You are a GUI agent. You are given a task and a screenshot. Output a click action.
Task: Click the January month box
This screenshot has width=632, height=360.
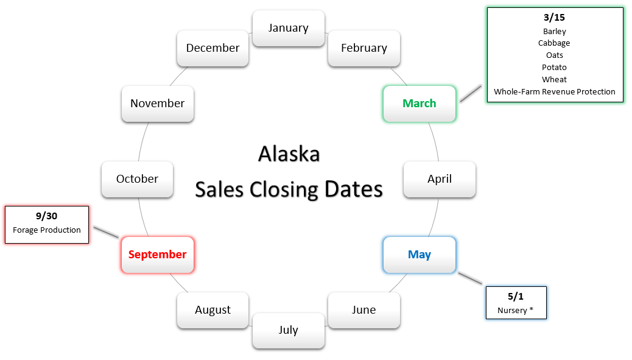click(289, 28)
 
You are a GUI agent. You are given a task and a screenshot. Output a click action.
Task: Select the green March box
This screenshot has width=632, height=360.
click(420, 104)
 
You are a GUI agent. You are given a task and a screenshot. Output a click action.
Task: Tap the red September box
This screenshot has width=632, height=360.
click(158, 255)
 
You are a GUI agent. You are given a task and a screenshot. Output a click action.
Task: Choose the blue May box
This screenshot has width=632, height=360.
click(420, 255)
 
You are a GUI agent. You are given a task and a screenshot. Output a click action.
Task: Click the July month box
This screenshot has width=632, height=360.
click(289, 330)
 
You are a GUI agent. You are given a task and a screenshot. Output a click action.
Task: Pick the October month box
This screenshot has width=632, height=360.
click(138, 179)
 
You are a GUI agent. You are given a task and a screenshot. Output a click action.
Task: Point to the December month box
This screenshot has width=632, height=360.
click(213, 48)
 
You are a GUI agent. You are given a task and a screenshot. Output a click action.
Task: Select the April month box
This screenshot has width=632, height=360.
click(440, 179)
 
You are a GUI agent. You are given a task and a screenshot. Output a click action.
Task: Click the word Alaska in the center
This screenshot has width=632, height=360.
click(289, 154)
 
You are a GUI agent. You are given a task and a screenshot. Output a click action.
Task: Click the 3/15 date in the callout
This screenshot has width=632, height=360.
click(554, 17)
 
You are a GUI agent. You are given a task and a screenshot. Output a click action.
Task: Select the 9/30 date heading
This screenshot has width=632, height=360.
click(46, 216)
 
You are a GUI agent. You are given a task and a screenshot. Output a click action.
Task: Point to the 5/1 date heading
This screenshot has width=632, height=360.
click(516, 297)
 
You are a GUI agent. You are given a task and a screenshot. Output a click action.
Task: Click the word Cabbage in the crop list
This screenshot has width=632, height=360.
click(554, 43)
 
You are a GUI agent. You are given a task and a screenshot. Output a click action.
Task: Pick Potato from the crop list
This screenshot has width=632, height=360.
click(554, 68)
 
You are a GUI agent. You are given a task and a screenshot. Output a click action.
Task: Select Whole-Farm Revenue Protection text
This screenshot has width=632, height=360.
click(555, 92)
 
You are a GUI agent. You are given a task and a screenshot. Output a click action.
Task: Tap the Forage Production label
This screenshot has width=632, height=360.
click(47, 230)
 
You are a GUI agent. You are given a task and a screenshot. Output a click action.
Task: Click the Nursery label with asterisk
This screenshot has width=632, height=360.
click(515, 311)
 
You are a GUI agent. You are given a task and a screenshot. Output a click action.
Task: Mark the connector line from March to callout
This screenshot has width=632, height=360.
click(471, 94)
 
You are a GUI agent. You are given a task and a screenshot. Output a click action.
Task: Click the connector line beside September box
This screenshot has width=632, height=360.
click(106, 232)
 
